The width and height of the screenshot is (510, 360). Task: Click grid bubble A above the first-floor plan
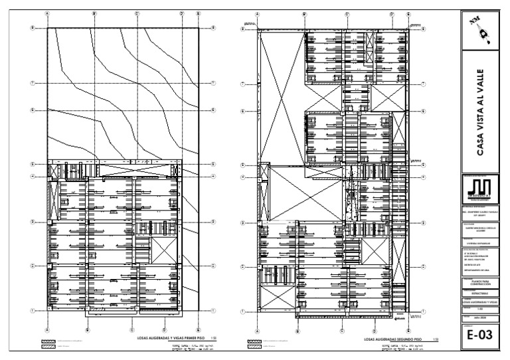(47, 13)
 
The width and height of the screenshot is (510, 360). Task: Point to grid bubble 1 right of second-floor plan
(424, 311)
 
